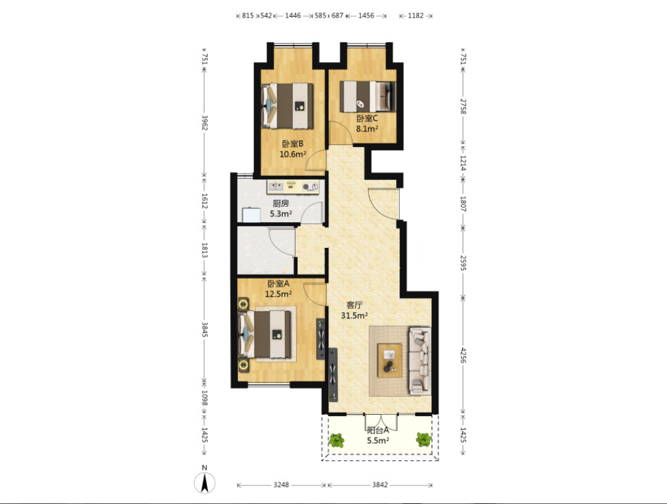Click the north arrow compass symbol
pyautogui.click(x=204, y=483)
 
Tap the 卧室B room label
pyautogui.click(x=292, y=144)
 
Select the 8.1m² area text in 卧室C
pyautogui.click(x=367, y=129)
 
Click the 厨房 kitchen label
pyautogui.click(x=281, y=203)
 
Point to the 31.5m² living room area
pyautogui.click(x=354, y=315)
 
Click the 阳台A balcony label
pyautogui.click(x=378, y=430)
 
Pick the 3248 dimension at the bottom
pyautogui.click(x=281, y=485)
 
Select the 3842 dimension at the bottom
pyautogui.click(x=380, y=485)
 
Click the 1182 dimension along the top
pyautogui.click(x=416, y=15)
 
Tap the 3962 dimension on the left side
pyautogui.click(x=204, y=123)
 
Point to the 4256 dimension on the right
pyautogui.click(x=463, y=355)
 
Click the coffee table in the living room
pyautogui.click(x=389, y=360)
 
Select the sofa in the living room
pyautogui.click(x=420, y=360)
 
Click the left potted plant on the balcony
pyautogui.click(x=337, y=440)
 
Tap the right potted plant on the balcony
pyautogui.click(x=423, y=440)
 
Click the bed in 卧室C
pyautogui.click(x=368, y=96)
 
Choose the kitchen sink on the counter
pyautogui.click(x=276, y=186)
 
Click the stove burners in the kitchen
pyautogui.click(x=310, y=187)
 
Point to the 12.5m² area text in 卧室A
pyautogui.click(x=278, y=293)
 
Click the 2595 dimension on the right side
pyautogui.click(x=463, y=263)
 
